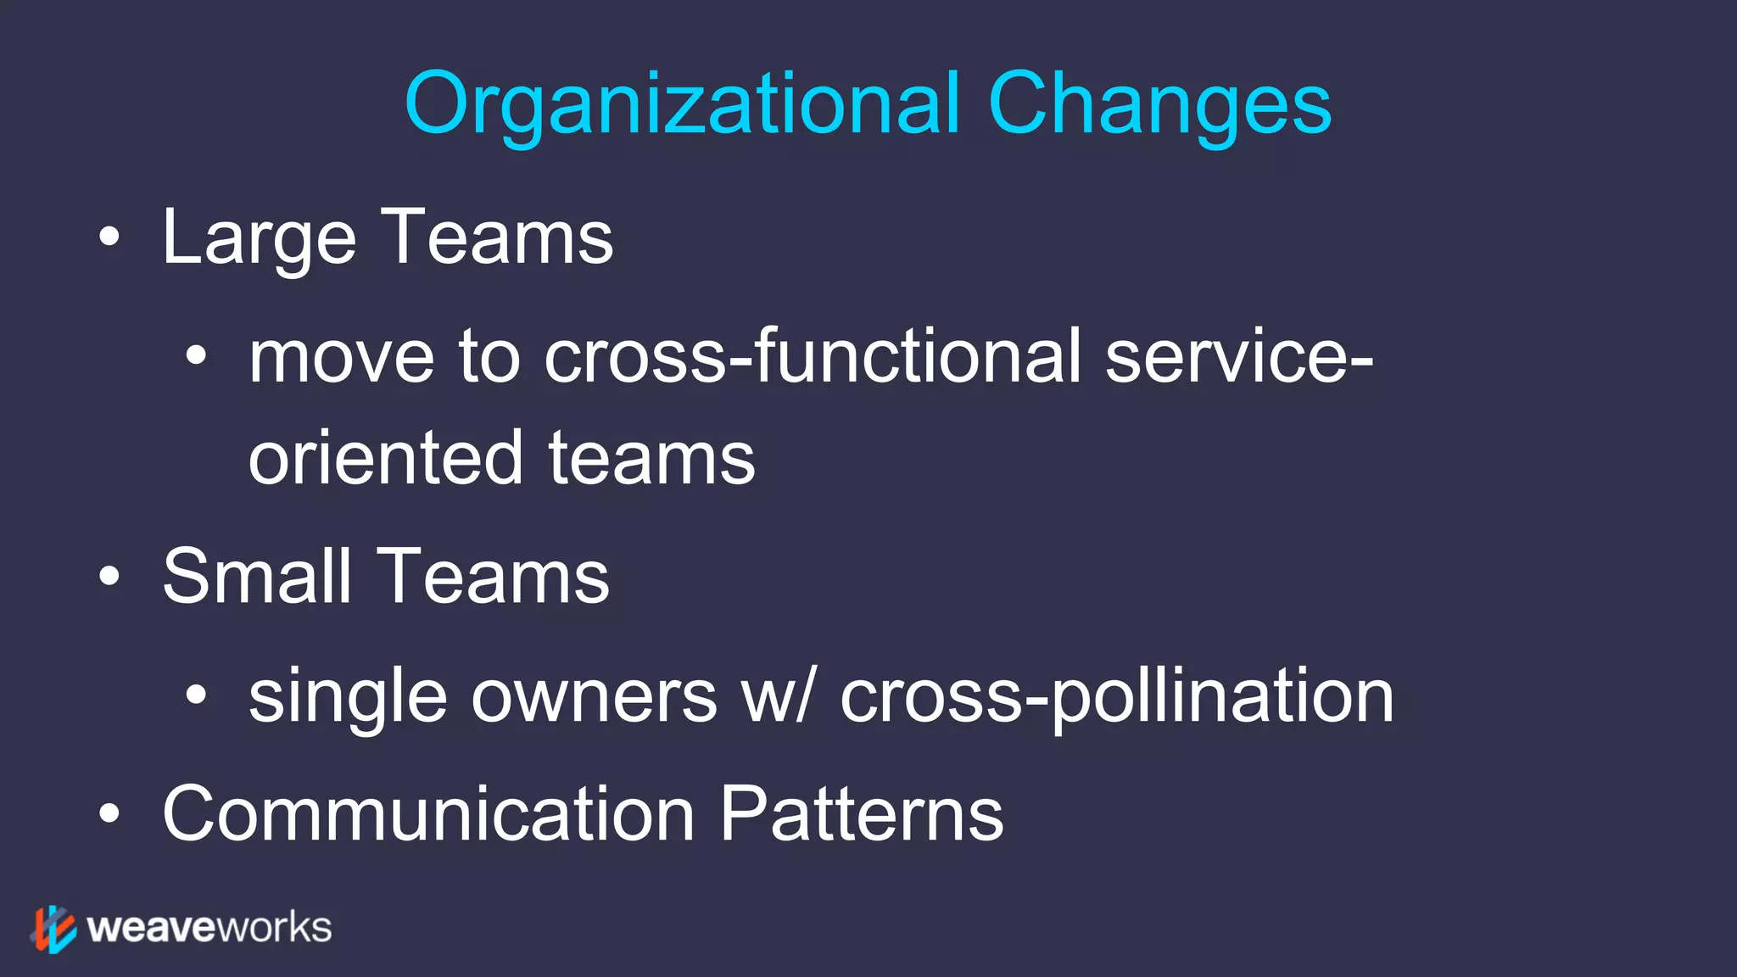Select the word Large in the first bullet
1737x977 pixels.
click(259, 239)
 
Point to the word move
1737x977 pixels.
click(342, 357)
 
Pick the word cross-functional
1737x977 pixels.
click(813, 357)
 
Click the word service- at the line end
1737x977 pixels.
click(1239, 357)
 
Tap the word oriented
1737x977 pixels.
click(385, 458)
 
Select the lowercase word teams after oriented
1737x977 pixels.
click(651, 458)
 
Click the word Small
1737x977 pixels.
click(257, 577)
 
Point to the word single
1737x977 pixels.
click(347, 697)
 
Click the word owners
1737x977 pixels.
click(594, 697)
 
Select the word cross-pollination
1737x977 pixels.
click(1117, 697)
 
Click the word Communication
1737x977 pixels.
click(428, 814)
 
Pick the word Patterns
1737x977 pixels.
click(862, 814)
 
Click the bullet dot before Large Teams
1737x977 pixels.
click(109, 237)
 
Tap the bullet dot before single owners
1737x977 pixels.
click(196, 695)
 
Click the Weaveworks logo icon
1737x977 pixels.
click(54, 929)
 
